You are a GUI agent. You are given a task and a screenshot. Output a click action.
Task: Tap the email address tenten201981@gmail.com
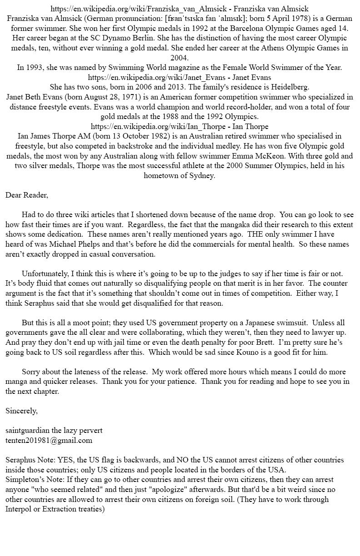(49, 440)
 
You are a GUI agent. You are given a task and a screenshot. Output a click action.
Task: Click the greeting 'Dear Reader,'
(27, 195)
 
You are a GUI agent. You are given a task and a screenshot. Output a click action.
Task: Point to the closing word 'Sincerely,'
(21, 411)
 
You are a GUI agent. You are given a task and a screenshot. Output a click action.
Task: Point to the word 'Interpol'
(20, 509)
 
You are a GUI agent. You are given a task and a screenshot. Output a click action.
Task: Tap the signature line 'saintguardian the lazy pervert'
(54, 430)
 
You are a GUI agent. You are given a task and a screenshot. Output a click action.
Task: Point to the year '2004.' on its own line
(180, 58)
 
